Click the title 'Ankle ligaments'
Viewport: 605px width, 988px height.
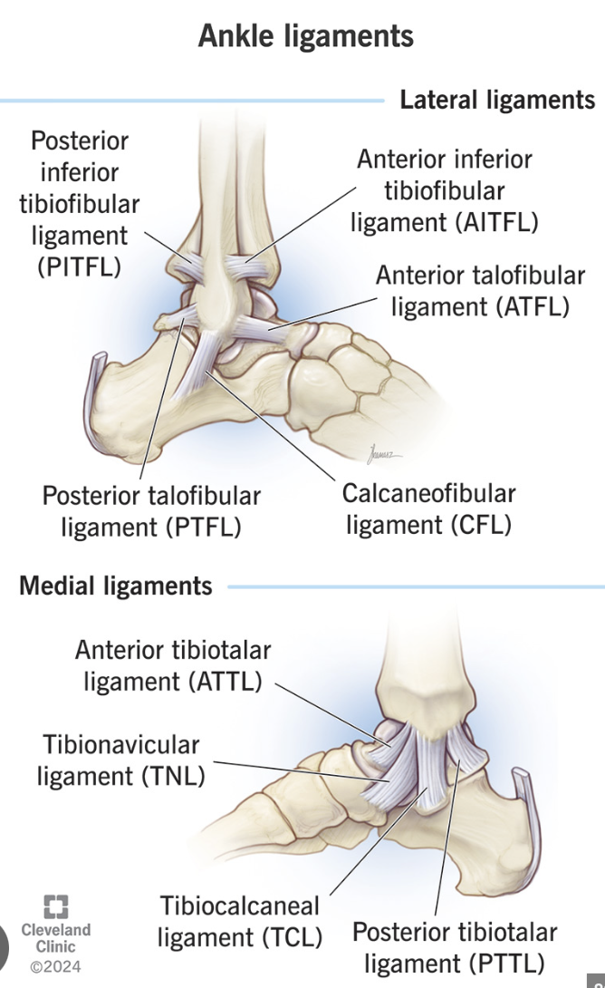click(x=305, y=36)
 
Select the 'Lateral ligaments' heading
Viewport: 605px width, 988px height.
click(x=497, y=100)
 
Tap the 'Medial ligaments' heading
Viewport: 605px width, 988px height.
click(x=116, y=586)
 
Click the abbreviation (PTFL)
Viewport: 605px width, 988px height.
click(x=204, y=527)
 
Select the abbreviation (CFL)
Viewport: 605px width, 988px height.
click(x=480, y=525)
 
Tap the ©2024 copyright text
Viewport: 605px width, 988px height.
click(x=55, y=966)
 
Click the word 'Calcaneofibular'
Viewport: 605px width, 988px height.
click(x=428, y=494)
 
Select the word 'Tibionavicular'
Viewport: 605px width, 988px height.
click(x=121, y=745)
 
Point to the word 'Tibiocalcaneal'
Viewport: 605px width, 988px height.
click(x=240, y=906)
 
